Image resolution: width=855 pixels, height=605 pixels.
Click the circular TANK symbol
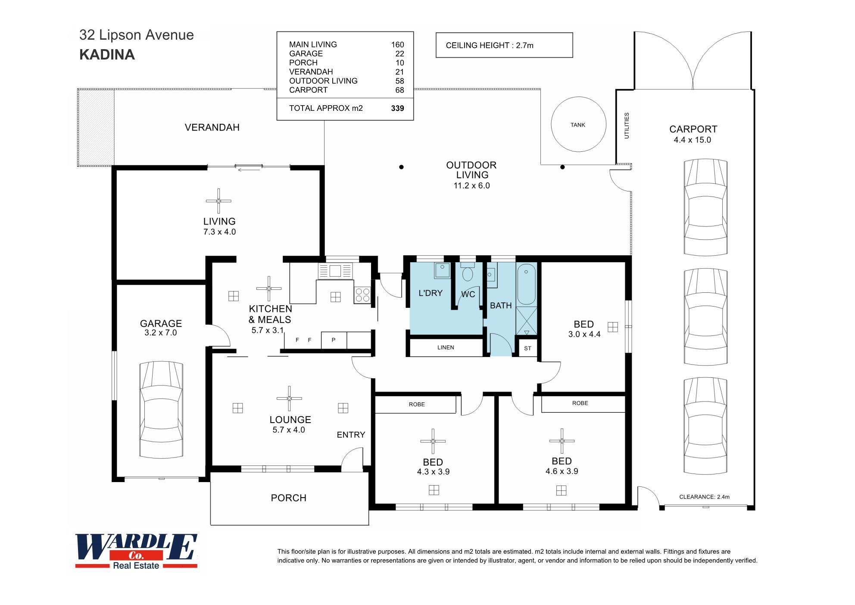[578, 124]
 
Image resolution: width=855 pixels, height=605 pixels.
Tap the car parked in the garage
[161, 410]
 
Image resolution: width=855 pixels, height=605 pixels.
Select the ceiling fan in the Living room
[218, 201]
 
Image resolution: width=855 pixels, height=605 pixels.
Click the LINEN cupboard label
[446, 348]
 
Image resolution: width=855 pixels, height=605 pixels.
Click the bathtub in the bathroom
[526, 285]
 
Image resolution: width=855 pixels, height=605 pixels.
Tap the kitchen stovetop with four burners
[362, 295]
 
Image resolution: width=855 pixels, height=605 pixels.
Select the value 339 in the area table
[397, 108]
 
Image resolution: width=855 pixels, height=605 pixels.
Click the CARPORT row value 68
[399, 90]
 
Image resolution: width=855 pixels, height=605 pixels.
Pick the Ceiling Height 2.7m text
[490, 45]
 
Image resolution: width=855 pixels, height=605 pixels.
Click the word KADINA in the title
[107, 55]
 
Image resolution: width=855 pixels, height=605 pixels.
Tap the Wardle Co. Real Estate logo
[136, 552]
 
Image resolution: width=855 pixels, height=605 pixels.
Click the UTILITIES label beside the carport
[627, 125]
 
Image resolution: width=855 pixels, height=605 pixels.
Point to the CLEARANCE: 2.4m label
[704, 497]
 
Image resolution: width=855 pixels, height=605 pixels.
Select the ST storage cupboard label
[527, 348]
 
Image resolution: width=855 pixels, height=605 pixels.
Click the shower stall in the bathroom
[527, 321]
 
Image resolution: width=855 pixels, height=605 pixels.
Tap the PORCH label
[288, 498]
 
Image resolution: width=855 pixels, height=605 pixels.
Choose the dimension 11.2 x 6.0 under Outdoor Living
[471, 186]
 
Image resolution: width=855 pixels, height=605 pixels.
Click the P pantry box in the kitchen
[334, 340]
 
